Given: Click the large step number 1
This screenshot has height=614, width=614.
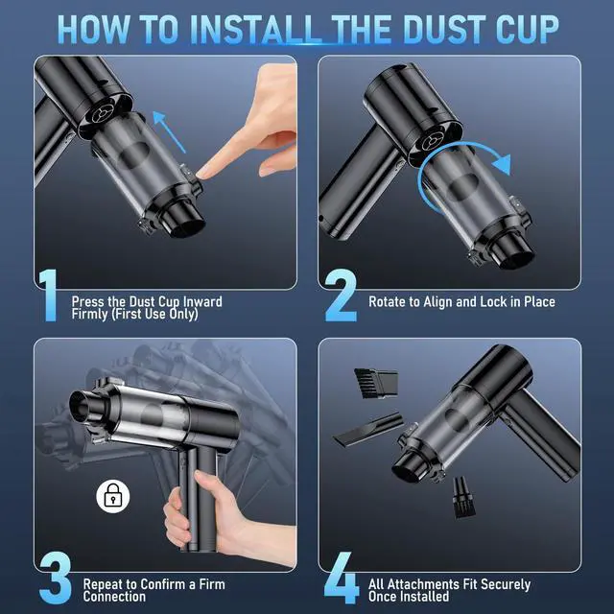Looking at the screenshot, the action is point(48,295).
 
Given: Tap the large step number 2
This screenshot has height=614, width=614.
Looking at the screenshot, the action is point(341,295).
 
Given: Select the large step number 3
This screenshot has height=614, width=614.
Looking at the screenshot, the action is point(56,578).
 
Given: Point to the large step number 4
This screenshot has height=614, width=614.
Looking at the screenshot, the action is point(342,578).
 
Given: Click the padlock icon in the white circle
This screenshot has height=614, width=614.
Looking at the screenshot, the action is point(113,497).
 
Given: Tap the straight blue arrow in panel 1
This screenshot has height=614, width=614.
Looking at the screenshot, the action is point(169,131).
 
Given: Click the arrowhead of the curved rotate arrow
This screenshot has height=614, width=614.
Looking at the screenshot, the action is point(502,164).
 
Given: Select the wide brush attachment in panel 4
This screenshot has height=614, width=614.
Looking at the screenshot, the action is point(376,383).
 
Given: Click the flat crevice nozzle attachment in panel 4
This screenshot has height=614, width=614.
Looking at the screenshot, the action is point(368,429).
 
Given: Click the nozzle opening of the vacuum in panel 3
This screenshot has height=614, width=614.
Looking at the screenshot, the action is point(79,407).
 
